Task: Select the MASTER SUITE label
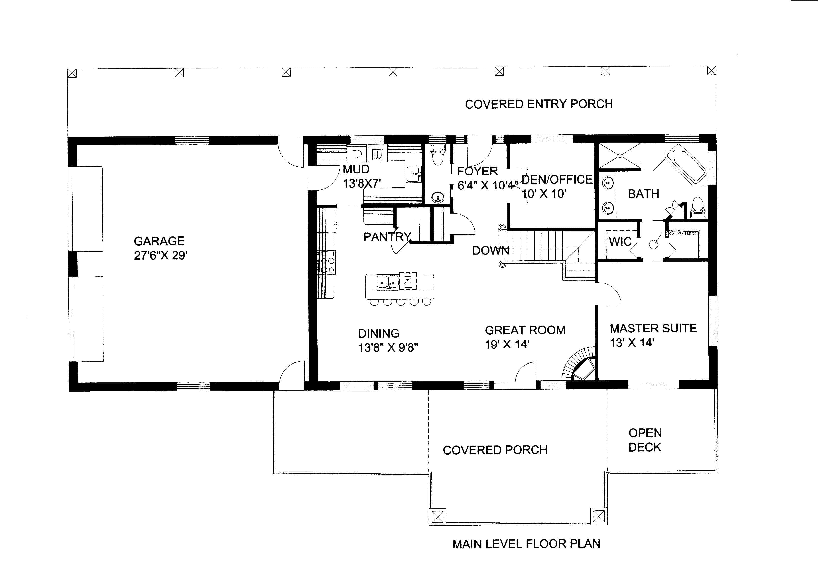coord(653,328)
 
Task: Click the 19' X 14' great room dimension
coord(507,344)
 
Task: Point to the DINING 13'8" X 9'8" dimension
coord(388,347)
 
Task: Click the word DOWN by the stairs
coord(490,251)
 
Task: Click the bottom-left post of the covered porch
coord(437,517)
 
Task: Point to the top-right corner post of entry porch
coord(711,71)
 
